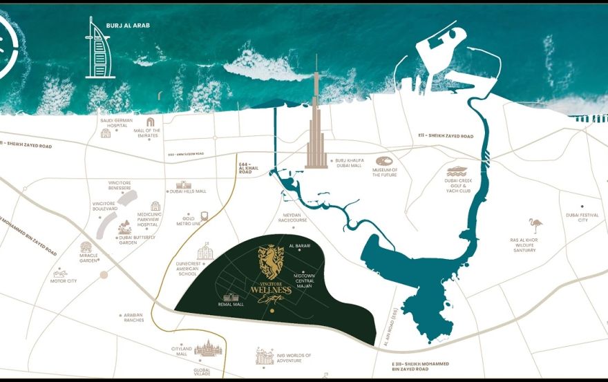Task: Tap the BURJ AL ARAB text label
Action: pyautogui.click(x=128, y=26)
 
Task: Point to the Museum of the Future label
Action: pyautogui.click(x=384, y=172)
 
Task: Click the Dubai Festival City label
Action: pyautogui.click(x=582, y=218)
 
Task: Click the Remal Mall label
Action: pyautogui.click(x=229, y=304)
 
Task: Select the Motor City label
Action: pyautogui.click(x=64, y=281)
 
